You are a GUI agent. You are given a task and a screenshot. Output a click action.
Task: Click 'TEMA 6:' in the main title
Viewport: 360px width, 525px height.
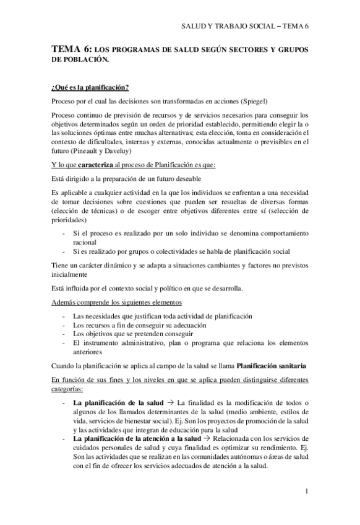(71, 49)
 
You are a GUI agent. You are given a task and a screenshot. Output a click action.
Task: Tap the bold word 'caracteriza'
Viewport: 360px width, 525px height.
(104, 163)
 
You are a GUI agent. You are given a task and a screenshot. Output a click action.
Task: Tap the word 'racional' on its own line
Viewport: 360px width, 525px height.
(85, 242)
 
